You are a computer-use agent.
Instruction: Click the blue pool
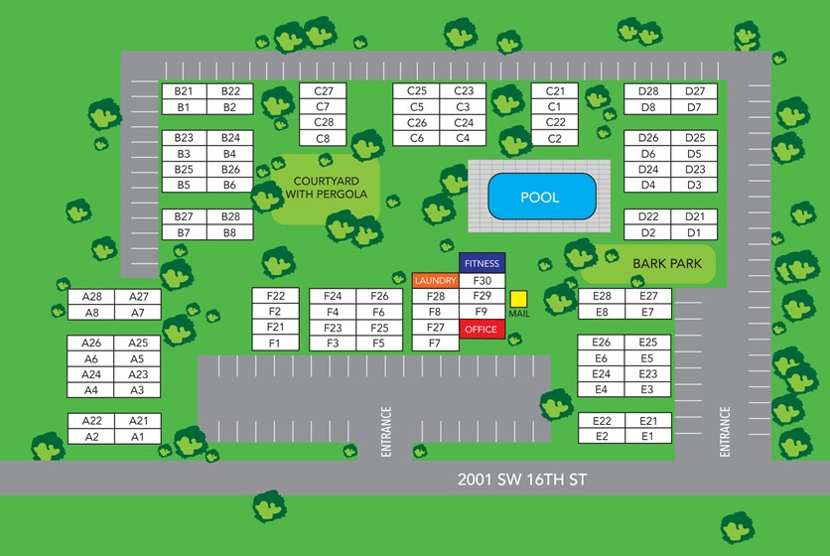tap(542, 198)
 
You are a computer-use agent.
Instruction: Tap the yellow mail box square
tap(518, 298)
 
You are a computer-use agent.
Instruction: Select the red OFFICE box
tap(482, 329)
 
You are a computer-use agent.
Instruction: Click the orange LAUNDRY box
tap(435, 281)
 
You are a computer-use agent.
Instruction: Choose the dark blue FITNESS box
tap(483, 263)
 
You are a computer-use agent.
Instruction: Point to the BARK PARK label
tap(660, 263)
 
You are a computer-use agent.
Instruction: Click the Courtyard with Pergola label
tap(327, 188)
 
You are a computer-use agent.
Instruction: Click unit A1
tap(138, 436)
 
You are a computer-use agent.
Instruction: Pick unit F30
tap(483, 281)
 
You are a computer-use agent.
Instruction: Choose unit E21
tap(647, 421)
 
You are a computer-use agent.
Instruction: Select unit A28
tap(92, 297)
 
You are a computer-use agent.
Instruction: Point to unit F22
tap(275, 296)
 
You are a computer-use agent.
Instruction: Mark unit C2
tap(554, 138)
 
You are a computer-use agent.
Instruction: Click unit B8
tap(230, 232)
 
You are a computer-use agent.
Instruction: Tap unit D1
tap(694, 232)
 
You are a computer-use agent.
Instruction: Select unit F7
tap(435, 344)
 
